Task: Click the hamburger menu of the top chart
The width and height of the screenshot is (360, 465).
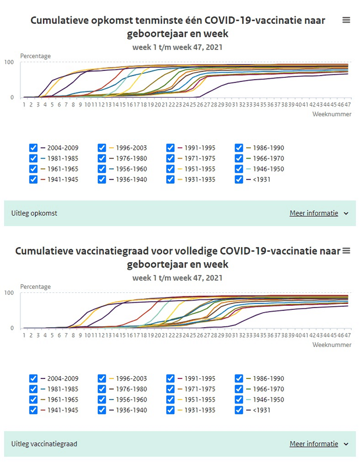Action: tap(347, 20)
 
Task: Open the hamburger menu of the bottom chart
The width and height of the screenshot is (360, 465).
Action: tap(347, 251)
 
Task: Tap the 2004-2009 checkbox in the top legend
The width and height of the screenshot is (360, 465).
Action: tap(33, 148)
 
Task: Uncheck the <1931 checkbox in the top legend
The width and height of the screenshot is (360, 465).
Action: tap(239, 179)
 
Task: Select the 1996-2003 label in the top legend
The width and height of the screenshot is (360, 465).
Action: tap(131, 148)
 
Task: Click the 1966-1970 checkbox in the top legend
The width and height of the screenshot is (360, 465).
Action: tap(239, 158)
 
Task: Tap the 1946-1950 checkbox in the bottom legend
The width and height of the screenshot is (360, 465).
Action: tap(239, 399)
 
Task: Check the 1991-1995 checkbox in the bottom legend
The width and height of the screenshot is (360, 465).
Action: tap(171, 378)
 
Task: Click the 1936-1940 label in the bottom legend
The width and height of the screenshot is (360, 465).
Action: tap(131, 410)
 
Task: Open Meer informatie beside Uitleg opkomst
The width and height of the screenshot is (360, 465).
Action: tap(314, 213)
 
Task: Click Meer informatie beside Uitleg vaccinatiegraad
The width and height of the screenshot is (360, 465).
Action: tap(314, 444)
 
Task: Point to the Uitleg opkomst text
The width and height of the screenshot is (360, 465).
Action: tap(34, 213)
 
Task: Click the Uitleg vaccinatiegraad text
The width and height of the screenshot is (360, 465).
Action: tap(44, 444)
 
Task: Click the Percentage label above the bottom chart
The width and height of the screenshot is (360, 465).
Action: tap(35, 287)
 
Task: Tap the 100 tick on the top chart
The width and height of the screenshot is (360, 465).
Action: tap(9, 62)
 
